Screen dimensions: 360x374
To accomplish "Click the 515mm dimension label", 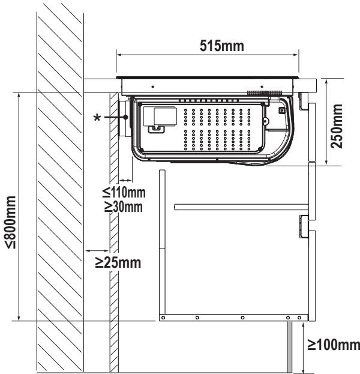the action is (222, 46).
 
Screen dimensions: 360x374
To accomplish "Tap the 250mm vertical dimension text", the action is (337, 126).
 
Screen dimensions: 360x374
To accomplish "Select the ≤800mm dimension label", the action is (11, 222).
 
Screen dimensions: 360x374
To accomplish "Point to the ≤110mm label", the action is (124, 192).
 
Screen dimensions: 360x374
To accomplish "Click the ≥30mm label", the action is (124, 207).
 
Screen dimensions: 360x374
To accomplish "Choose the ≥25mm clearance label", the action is (118, 262).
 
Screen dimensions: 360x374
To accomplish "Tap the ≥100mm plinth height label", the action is (334, 345).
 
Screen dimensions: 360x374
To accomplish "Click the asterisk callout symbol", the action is (97, 118).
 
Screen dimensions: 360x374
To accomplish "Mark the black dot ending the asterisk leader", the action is (125, 117).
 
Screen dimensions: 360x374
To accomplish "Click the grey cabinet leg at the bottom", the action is (289, 346).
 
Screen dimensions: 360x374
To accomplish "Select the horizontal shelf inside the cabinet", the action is (242, 207).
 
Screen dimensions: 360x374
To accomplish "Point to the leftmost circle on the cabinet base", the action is (163, 318).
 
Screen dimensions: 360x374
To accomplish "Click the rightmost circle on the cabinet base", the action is (299, 318).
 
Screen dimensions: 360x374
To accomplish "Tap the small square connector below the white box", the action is (157, 129).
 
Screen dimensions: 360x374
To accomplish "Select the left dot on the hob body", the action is (153, 87).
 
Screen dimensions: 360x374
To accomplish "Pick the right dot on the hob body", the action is (262, 87).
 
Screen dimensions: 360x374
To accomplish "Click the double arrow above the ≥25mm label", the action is (97, 251).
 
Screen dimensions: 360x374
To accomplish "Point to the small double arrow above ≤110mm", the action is (125, 180).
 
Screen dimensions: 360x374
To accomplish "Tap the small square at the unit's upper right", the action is (282, 110).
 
